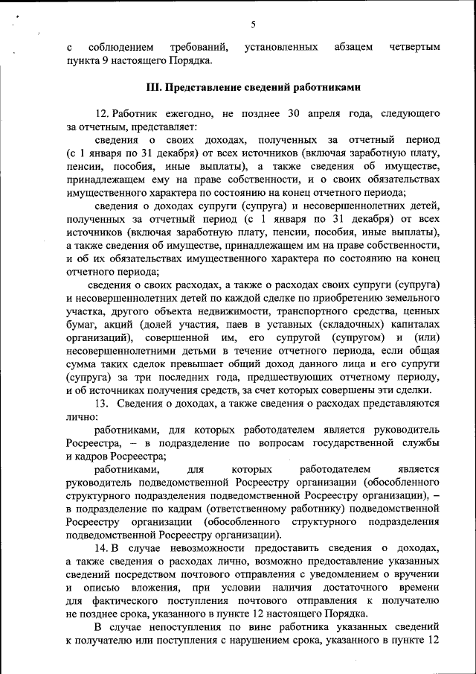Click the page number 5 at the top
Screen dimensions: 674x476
point(253,24)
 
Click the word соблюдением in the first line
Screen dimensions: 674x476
point(123,47)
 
